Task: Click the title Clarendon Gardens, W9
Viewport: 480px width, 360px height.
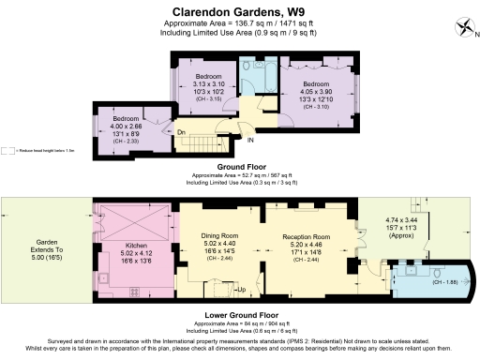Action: (x=239, y=10)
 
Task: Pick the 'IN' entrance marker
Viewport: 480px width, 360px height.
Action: (x=250, y=141)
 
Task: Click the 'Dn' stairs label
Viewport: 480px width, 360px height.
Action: (x=181, y=132)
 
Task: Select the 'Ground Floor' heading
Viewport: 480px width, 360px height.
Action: (x=240, y=167)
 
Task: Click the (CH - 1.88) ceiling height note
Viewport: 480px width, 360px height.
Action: (x=444, y=281)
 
